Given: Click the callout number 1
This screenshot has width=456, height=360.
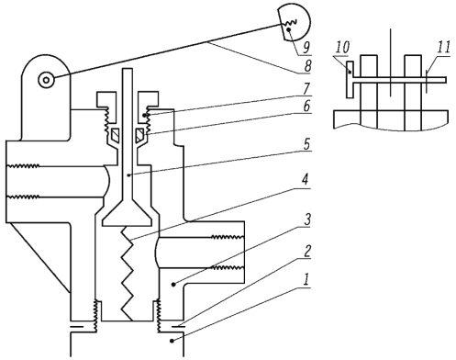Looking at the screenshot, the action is [x=306, y=280].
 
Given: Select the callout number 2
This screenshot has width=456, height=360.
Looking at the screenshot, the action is [x=306, y=251].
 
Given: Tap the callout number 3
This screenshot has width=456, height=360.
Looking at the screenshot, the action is [x=307, y=219].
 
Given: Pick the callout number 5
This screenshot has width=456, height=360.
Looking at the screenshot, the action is [x=306, y=144].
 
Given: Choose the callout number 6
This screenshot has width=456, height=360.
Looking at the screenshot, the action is [x=306, y=107].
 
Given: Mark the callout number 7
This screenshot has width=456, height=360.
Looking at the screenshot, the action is [x=306, y=88].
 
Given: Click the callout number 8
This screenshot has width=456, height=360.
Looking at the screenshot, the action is [x=307, y=66].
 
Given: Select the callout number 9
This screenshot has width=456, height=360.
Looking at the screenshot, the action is [x=306, y=47].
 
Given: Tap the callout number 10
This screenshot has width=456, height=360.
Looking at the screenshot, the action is [x=342, y=48].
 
